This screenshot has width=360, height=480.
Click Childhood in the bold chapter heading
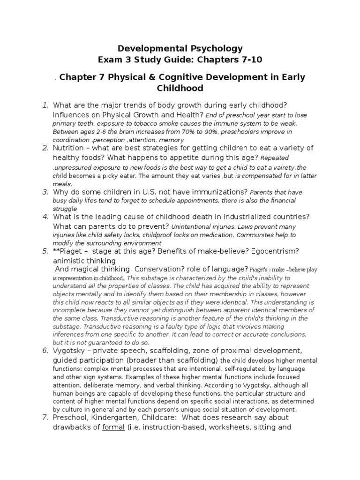point(180,88)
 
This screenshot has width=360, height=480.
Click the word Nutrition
point(71,148)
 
